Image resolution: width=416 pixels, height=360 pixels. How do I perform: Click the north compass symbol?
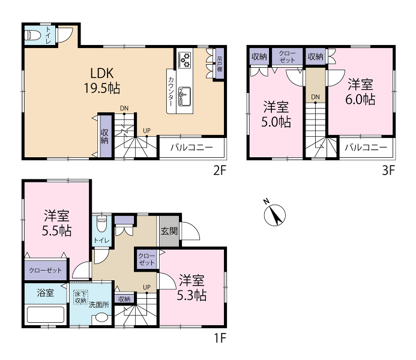274,215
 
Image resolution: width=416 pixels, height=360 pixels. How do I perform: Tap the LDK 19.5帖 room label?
102,80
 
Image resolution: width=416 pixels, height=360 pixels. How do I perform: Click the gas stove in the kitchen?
185,60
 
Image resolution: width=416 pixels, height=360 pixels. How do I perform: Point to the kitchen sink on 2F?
184,95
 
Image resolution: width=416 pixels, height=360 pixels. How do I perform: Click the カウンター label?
172,91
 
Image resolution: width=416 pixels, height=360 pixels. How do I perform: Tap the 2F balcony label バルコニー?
191,147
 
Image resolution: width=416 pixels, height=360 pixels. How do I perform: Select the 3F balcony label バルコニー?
366,147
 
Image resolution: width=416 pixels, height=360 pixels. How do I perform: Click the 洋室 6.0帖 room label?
360,92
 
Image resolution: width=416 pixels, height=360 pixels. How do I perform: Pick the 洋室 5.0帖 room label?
276,114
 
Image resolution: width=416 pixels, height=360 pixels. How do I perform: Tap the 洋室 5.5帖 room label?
57,223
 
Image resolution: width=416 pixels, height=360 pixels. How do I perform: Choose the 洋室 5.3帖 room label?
191,287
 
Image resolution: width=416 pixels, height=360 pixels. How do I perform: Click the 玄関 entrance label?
169,231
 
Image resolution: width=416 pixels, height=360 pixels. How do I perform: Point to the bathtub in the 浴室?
46,314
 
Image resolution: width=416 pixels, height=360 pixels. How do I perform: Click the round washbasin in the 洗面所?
101,317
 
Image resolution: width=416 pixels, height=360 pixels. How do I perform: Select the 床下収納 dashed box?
80,297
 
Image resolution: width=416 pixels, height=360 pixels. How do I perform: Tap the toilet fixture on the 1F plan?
101,223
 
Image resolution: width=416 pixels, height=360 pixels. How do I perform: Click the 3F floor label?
388,170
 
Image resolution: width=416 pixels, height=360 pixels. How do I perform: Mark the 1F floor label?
220,338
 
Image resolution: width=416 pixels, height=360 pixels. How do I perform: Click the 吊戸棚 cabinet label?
220,64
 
